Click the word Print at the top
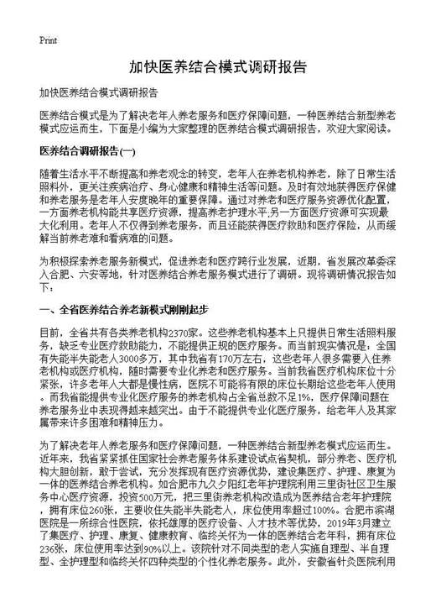tap(48, 39)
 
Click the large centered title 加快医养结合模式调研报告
tap(218, 68)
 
